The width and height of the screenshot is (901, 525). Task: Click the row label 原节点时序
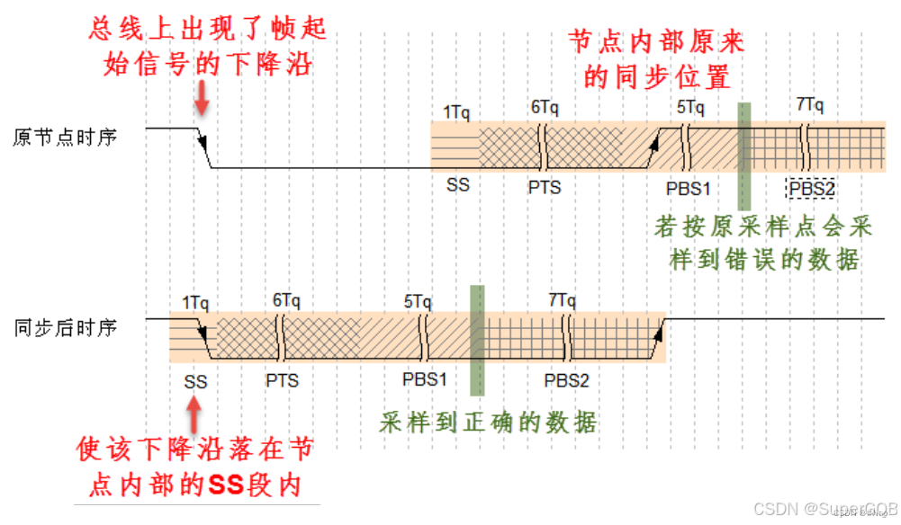pyautogui.click(x=66, y=138)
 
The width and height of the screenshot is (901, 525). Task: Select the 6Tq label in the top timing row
pyautogui.click(x=545, y=107)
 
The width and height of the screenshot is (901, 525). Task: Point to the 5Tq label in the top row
pyautogui.click(x=690, y=107)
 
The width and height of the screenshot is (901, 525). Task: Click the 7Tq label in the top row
pyautogui.click(x=810, y=104)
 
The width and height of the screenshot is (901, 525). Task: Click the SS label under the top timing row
pyautogui.click(x=457, y=186)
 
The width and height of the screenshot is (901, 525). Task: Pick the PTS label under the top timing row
pyautogui.click(x=545, y=188)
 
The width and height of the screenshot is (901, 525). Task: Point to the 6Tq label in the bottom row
pyautogui.click(x=286, y=300)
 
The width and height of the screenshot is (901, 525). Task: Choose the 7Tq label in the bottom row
pyautogui.click(x=561, y=299)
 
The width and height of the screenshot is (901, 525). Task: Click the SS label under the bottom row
pyautogui.click(x=195, y=382)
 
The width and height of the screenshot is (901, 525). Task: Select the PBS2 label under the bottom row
pyautogui.click(x=566, y=380)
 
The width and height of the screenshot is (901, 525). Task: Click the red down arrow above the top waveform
pyautogui.click(x=203, y=97)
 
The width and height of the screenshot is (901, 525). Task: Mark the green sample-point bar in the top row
pyautogui.click(x=743, y=156)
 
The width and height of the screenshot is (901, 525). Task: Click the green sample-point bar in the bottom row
pyautogui.click(x=477, y=340)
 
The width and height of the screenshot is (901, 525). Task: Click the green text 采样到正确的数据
pyautogui.click(x=489, y=422)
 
